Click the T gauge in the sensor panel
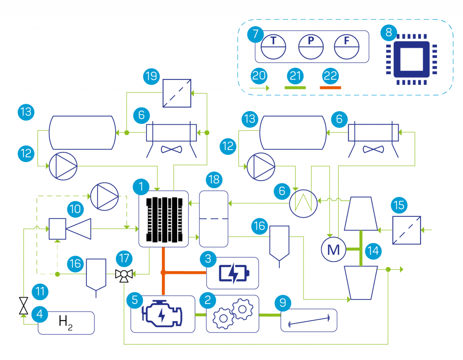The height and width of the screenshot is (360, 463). [x=274, y=46]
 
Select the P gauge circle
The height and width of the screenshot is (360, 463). [x=311, y=46]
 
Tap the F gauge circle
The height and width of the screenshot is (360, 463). [x=346, y=46]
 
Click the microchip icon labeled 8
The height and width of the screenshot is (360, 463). [x=411, y=59]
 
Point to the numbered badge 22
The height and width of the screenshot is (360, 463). [x=331, y=75]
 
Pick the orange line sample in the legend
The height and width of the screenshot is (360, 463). [x=331, y=87]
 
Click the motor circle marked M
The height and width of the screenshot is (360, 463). [x=334, y=249]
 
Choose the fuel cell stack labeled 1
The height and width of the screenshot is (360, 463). [x=163, y=219]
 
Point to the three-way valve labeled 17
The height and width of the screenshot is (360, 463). [x=123, y=274]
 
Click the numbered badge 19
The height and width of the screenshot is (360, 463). [x=151, y=75]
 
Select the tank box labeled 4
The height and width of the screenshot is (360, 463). [x=66, y=323]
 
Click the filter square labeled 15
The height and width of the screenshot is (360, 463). [x=406, y=230]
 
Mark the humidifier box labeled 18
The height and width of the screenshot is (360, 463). [x=213, y=219]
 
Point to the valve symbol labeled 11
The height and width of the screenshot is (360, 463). [x=24, y=306]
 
